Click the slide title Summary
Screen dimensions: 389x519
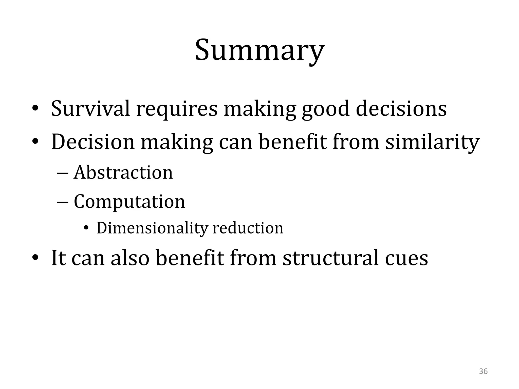(259, 51)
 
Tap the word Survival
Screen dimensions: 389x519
(90, 109)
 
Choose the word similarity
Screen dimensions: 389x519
(432, 142)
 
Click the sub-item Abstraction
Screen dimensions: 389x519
(123, 173)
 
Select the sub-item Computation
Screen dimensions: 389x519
(129, 202)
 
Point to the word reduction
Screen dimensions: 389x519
(248, 228)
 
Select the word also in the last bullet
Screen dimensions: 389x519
(130, 258)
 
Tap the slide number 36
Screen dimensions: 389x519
(483, 372)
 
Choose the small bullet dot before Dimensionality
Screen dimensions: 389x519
(86, 228)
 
